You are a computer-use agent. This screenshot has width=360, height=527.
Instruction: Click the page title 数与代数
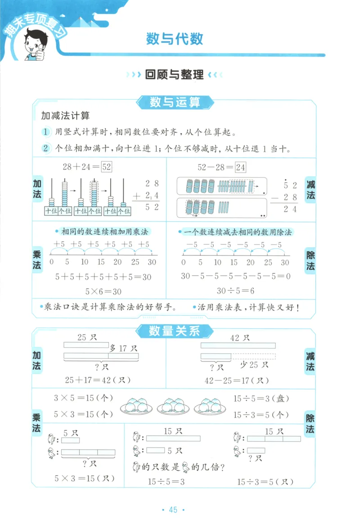tap(175, 39)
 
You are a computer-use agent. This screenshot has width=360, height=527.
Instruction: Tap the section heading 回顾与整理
tap(175, 75)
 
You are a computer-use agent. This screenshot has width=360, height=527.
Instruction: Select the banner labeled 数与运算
tap(175, 103)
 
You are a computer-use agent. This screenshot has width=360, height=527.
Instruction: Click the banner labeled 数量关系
tap(174, 332)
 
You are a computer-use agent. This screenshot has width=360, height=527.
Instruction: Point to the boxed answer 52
tap(106, 167)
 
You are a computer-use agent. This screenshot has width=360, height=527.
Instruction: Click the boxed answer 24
tap(241, 167)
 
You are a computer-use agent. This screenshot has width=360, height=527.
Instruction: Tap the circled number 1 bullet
tap(45, 132)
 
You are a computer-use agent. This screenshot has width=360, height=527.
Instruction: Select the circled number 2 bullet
tap(45, 148)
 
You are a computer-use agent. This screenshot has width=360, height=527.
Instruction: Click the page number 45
tap(173, 509)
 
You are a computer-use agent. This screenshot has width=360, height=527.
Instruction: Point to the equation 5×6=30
tap(103, 291)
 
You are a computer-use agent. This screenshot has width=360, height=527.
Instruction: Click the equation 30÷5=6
tap(235, 290)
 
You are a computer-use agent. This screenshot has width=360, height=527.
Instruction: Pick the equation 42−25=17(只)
tap(234, 380)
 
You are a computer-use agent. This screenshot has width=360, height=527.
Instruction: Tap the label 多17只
tap(123, 348)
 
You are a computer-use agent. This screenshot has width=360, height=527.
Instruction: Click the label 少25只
tap(254, 364)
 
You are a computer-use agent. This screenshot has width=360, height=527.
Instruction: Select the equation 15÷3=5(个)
tap(261, 415)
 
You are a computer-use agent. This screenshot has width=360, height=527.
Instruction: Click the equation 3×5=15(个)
tap(83, 398)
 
